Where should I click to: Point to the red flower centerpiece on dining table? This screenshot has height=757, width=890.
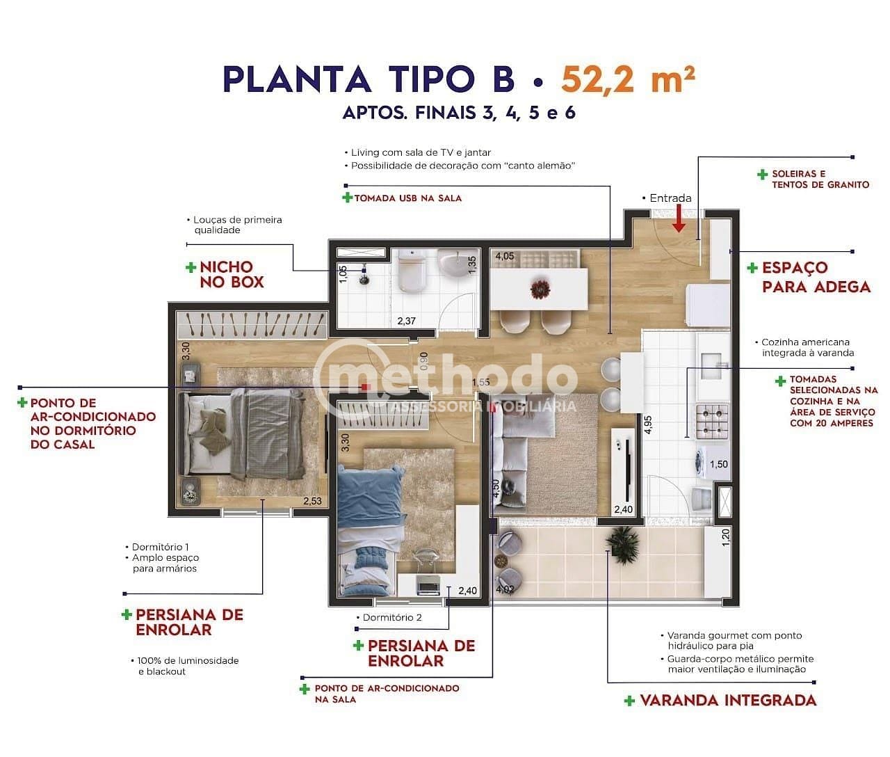pos(539,287)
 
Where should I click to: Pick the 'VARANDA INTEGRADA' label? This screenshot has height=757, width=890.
pos(727,700)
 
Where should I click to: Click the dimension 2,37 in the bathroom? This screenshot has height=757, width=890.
pos(406,321)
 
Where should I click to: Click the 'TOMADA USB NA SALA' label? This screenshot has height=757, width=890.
pos(407,198)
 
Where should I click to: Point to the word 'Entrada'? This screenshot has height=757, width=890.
pos(670,198)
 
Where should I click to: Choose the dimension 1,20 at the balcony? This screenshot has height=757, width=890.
pos(727,536)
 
